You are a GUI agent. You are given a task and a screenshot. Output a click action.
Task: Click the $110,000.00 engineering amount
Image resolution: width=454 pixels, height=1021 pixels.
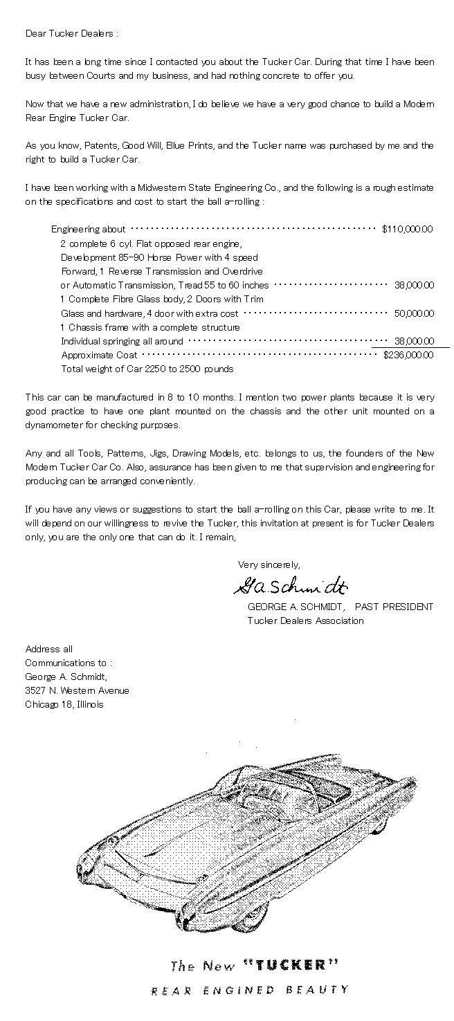pos(408,229)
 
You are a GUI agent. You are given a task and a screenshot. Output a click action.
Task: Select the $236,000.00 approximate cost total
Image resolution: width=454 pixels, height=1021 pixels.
pos(408,355)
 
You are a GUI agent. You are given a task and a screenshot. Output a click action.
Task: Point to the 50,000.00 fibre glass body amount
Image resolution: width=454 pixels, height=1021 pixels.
pos(414,313)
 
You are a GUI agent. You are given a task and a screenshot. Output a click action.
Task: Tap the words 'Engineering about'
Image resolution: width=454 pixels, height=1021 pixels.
pos(89,229)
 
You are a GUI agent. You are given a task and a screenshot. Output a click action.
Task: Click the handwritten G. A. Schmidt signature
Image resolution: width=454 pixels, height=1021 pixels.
pos(290,587)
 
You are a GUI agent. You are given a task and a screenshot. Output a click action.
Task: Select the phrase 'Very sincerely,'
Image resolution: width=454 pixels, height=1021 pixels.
pos(269,564)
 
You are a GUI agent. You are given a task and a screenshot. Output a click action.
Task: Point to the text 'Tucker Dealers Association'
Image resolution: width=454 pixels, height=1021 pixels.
pos(305,620)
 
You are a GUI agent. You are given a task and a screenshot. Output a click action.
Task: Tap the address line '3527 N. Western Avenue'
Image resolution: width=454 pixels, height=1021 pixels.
pos(77,690)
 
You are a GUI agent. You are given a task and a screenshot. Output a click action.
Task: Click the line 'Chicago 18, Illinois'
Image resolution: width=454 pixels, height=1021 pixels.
pos(64,704)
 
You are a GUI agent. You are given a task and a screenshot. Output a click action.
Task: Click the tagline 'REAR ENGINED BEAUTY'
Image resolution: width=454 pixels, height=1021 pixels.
pos(250,991)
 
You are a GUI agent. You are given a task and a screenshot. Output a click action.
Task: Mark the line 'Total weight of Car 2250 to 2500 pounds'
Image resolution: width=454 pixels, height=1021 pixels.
pos(147,369)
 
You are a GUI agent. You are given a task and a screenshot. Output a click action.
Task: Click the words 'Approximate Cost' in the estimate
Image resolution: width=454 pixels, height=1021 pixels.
pos(99,355)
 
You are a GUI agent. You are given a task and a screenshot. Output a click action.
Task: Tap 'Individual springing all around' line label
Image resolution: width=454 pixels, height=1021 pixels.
pos(122,341)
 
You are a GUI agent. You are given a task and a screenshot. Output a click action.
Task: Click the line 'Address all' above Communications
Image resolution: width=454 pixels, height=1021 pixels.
pos(48,649)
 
